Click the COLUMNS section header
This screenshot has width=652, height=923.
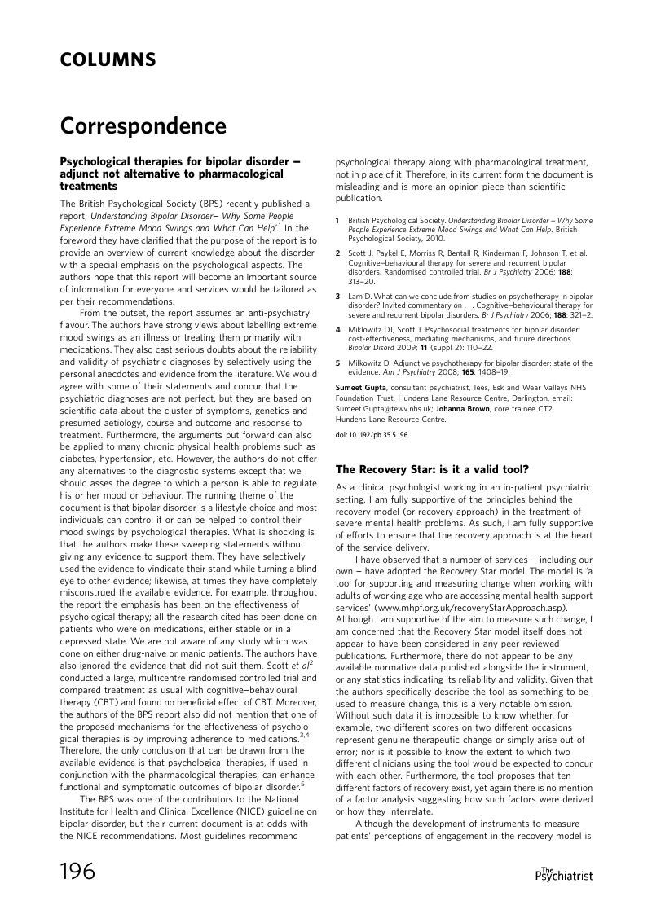click(108, 60)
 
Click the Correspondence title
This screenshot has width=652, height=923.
click(143, 127)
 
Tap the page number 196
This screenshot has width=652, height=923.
click(78, 872)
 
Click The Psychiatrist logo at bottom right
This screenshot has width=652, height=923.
click(563, 874)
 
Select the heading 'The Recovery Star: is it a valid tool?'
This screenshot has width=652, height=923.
click(432, 469)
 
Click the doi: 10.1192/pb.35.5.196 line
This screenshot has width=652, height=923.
click(372, 436)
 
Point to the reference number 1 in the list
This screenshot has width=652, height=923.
click(338, 221)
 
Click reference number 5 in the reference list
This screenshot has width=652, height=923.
click(338, 363)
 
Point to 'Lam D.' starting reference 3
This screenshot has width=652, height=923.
click(357, 296)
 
